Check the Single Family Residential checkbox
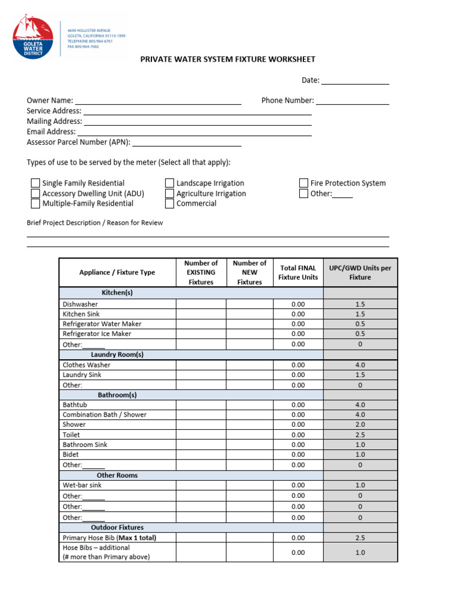35,183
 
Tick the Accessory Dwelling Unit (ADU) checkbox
35,193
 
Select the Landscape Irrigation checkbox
169,183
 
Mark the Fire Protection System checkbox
303,183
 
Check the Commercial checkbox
169,203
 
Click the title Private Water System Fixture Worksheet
227,59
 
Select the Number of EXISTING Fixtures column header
201,272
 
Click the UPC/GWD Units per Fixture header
360,272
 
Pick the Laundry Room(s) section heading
117,354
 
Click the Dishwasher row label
80,304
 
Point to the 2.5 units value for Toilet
360,435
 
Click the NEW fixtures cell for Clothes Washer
249,365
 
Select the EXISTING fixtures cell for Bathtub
201,404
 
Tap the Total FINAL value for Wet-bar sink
297,485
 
